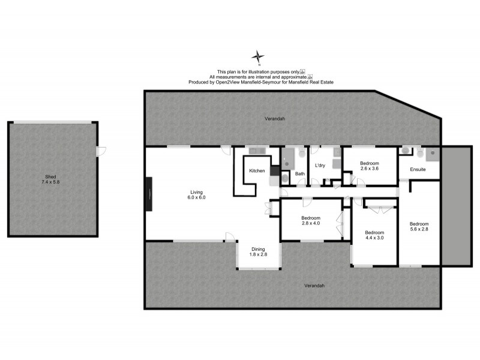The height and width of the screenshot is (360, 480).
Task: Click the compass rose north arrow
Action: point(258,58)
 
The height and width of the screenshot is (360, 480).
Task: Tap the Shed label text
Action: point(51,179)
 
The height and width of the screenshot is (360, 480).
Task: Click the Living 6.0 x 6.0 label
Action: point(196,194)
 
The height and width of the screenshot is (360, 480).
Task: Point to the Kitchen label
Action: point(257,171)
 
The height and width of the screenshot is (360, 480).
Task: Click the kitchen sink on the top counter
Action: point(256,151)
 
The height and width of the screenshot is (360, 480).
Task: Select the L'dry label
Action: point(319,166)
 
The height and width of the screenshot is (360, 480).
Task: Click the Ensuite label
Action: point(418,170)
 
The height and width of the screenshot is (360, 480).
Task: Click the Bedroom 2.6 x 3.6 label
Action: point(370,166)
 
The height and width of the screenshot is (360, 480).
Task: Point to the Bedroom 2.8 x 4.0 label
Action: point(311,220)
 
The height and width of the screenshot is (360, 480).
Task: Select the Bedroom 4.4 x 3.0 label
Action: point(374,235)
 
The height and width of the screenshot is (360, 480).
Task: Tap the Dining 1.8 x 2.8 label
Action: point(257,252)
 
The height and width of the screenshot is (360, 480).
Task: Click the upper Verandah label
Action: point(274,119)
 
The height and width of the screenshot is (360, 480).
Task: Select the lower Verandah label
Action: point(314,286)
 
